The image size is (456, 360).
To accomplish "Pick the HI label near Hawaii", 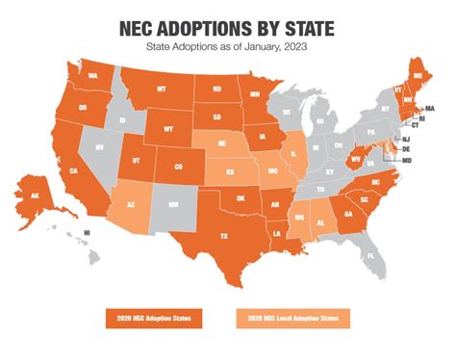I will pyautogui.click(x=88, y=233).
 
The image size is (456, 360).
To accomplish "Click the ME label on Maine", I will pyautogui.click(x=416, y=74).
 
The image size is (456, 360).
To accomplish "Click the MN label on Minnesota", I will pyautogui.click(x=255, y=95).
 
